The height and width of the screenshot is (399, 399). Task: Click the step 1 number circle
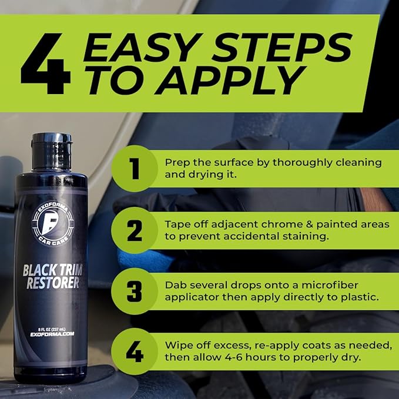[135, 169]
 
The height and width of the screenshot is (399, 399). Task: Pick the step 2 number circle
[135, 230]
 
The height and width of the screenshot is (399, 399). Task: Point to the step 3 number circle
[135, 291]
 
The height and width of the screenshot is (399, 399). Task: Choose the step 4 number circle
[135, 352]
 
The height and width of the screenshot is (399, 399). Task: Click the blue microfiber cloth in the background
[141, 259]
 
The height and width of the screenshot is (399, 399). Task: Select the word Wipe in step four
[177, 346]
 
